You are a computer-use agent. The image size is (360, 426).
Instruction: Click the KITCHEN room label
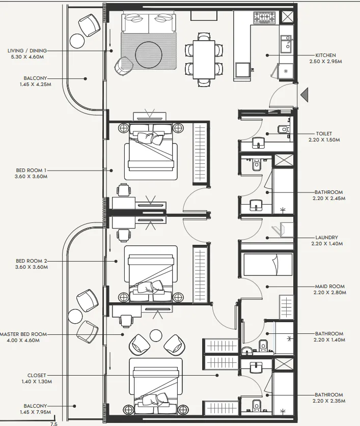point(325,55)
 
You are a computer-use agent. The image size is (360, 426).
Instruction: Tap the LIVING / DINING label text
point(27,50)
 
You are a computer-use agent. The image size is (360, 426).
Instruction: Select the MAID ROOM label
point(330,287)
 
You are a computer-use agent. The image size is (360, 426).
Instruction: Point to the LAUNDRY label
point(326,238)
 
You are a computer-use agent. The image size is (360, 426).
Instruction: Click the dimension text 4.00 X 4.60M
point(23,340)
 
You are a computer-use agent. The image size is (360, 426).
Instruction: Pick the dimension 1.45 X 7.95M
point(35,412)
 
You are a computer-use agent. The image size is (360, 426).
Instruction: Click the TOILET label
point(324,134)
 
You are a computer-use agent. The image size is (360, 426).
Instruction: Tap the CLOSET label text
point(37,376)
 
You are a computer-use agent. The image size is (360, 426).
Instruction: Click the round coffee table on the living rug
point(149,54)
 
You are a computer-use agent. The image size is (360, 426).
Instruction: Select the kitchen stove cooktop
point(264,18)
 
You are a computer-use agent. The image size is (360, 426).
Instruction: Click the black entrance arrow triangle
point(304,95)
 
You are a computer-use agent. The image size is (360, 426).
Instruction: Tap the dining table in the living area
point(204,60)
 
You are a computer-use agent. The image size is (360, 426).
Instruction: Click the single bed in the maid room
point(268,265)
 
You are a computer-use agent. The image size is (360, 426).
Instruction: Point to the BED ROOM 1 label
point(31,171)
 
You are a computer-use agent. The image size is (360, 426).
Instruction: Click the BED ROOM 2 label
point(31,261)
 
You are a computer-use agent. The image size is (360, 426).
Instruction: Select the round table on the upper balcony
point(77,41)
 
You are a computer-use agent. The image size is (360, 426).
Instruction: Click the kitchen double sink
point(286,43)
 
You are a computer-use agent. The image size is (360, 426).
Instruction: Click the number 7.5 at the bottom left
point(54,423)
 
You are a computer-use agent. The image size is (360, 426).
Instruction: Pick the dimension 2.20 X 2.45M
point(329,198)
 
